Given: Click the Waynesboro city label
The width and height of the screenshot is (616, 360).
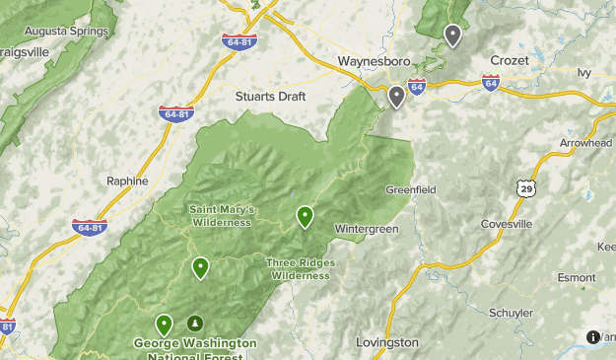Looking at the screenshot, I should point(373,61).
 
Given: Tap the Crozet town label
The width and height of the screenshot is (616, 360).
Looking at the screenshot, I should point(510,61).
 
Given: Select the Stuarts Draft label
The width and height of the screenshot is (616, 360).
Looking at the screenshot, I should point(271,97).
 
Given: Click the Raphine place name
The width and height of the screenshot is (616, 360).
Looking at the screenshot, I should point(127,181).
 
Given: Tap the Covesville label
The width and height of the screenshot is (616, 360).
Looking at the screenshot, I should point(507,224).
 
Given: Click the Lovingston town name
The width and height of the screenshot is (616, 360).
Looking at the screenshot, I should point(386,342).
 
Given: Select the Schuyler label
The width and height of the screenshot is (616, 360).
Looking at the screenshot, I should point(511,313).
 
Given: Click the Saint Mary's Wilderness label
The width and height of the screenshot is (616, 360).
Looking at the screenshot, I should point(222,214).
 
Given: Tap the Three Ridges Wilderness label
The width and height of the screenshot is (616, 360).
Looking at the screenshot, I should point(301,268).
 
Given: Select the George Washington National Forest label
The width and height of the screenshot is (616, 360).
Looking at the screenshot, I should point(195,348).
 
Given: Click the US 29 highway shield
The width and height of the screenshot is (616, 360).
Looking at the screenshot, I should point(522,186).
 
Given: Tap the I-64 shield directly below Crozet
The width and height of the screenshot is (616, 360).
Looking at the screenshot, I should point(491,84).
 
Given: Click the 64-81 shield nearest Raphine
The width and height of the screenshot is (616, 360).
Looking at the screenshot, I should point(89,227).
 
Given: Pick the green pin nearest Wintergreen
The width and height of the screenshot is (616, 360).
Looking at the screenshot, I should point(306,216).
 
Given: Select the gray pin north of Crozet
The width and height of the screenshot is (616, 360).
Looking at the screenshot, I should point(452,36).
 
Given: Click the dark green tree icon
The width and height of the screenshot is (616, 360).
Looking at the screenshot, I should point(195,323).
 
